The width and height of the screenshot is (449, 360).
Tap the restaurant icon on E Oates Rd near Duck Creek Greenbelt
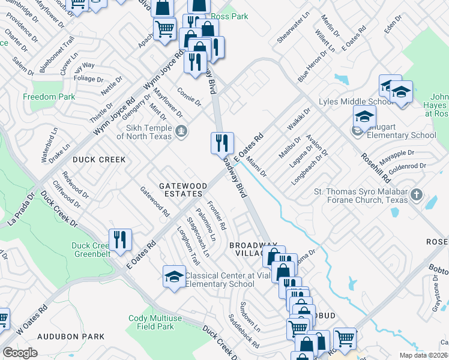119,240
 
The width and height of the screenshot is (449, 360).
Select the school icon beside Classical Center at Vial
174,277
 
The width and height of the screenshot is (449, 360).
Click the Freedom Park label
49,97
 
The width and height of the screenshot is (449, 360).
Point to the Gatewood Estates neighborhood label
183,191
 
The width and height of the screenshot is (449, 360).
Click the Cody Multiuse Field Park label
151,322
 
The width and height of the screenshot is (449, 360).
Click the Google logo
20,353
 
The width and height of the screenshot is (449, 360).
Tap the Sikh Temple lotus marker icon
180,129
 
